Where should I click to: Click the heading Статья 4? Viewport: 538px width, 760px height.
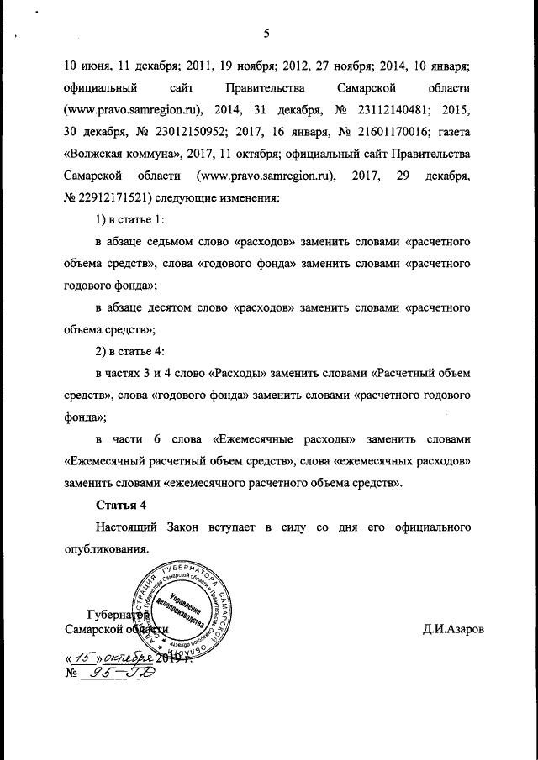coord(124,505)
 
